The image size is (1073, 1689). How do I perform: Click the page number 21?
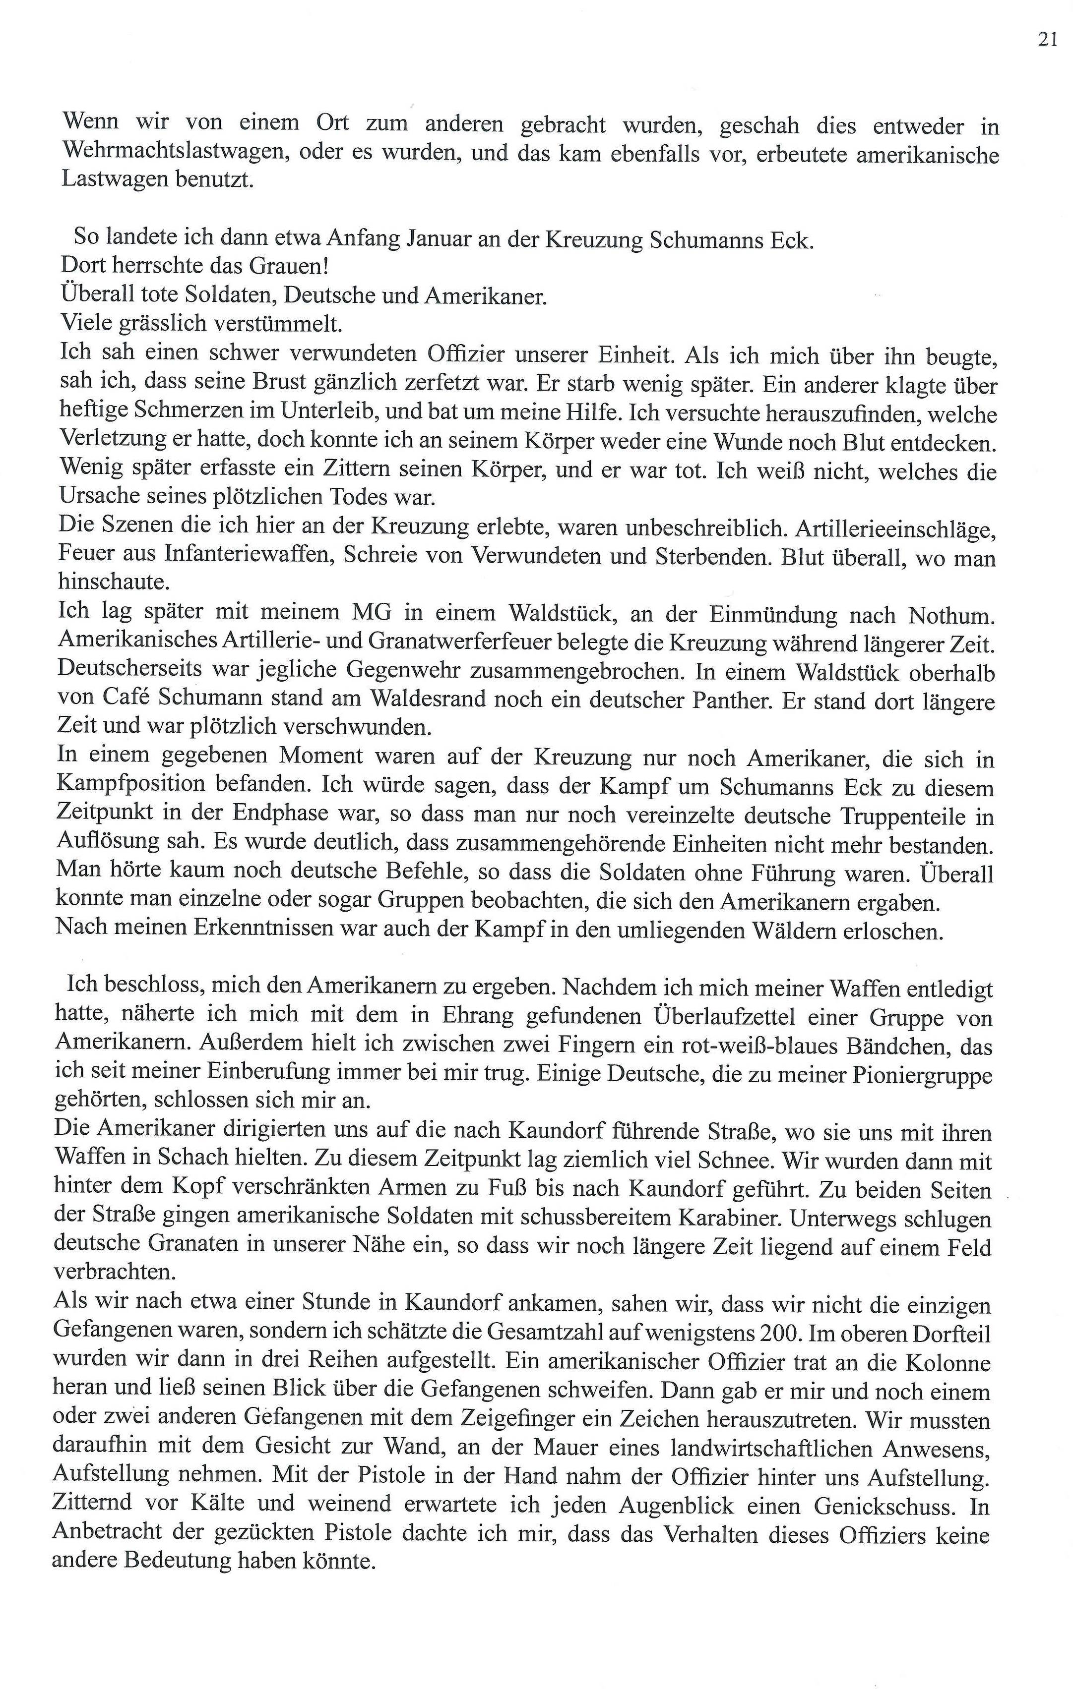click(1047, 41)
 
